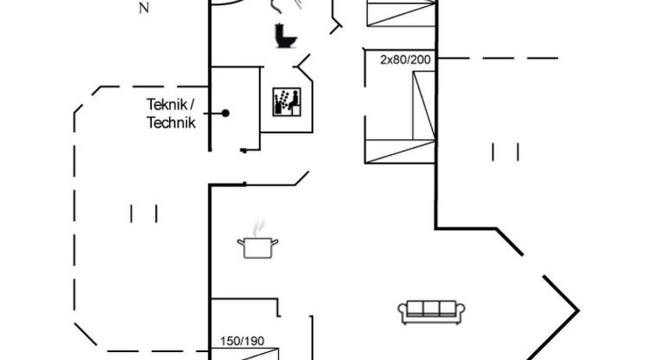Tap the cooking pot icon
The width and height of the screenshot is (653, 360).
(x=257, y=248)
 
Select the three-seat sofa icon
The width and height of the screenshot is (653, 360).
(x=432, y=311)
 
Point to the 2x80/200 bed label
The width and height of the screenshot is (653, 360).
(x=406, y=59)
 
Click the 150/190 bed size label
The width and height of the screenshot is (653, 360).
(x=241, y=340)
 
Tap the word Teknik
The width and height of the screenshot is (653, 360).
(x=165, y=104)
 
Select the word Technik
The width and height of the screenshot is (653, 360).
(x=171, y=123)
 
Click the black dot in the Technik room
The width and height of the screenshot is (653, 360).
(x=225, y=113)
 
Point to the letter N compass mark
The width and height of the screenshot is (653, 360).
(x=143, y=9)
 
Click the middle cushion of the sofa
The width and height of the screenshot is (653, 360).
(x=432, y=308)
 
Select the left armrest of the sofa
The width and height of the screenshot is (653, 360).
(x=403, y=311)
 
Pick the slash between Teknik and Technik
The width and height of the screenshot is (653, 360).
(x=192, y=104)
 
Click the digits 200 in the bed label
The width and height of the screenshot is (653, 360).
(x=421, y=59)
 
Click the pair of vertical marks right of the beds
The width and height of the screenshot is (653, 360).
(x=505, y=151)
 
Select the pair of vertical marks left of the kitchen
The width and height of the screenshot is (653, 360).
(x=144, y=213)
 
